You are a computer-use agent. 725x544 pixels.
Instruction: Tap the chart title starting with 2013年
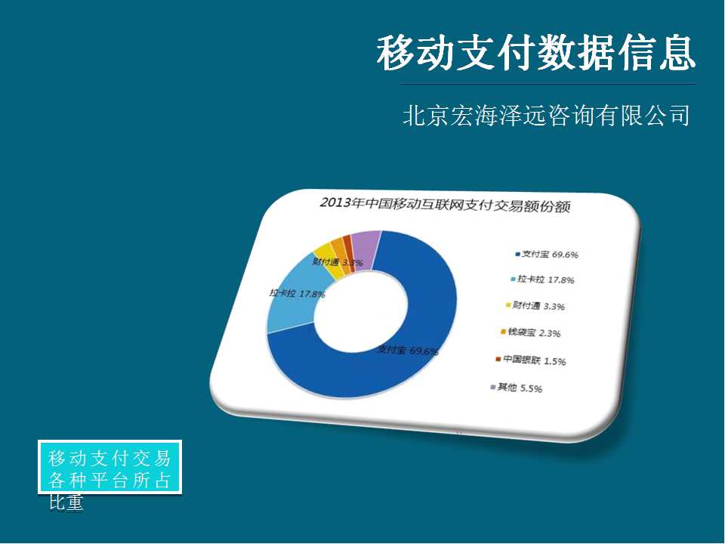(445, 205)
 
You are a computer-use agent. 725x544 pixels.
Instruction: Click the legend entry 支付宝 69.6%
(547, 255)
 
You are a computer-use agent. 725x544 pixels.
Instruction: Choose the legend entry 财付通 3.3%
(535, 306)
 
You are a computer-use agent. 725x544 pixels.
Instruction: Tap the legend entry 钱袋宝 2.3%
(531, 332)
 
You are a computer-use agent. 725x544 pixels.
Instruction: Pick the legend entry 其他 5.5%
(517, 388)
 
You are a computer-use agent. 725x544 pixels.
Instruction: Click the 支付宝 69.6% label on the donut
(407, 351)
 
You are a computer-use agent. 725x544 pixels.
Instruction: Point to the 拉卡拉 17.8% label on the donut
(298, 293)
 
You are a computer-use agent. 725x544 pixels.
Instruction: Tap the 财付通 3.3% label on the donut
(338, 263)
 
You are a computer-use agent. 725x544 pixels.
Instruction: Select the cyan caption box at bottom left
(110, 467)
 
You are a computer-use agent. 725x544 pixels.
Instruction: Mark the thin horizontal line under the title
(549, 84)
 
